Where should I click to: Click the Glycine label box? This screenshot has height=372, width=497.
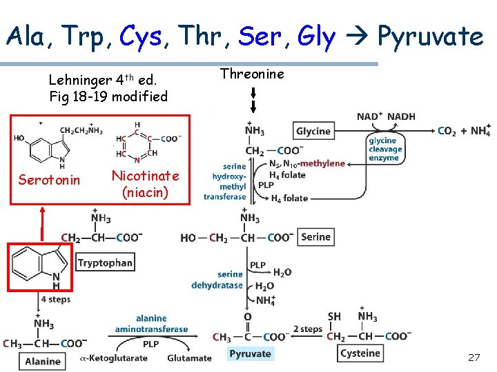tap(313, 132)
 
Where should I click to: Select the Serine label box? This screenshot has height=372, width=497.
tap(315, 237)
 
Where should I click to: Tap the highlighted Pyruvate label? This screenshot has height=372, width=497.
tap(250, 354)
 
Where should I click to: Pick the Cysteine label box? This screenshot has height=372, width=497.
tap(360, 353)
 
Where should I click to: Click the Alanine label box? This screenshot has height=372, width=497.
tap(43, 361)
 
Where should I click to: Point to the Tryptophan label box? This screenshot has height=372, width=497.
tap(105, 263)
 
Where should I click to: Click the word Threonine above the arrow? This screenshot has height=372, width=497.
tap(252, 74)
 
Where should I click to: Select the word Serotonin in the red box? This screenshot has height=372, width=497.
tap(49, 180)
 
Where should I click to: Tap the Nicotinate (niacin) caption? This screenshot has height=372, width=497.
tap(145, 184)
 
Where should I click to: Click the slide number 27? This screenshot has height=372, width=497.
tap(474, 358)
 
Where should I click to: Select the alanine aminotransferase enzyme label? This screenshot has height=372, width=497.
tap(151, 324)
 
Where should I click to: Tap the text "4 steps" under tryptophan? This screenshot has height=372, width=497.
tap(55, 300)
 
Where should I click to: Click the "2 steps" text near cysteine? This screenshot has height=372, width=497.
tap(307, 329)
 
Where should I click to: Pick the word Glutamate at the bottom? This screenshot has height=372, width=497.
tap(189, 358)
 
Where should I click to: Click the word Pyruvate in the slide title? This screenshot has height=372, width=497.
tap(431, 36)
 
